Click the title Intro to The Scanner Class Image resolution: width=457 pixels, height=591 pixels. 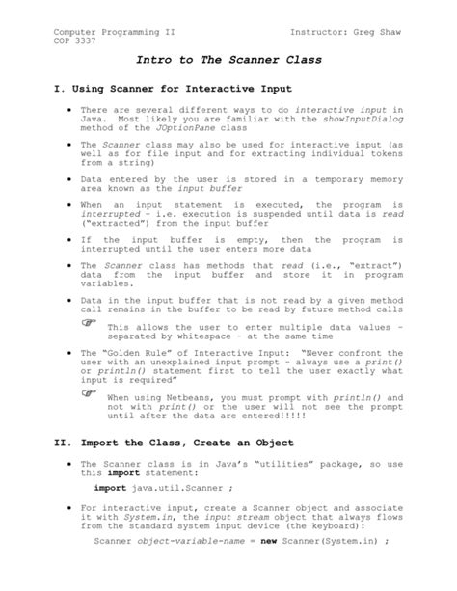click(x=228, y=60)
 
